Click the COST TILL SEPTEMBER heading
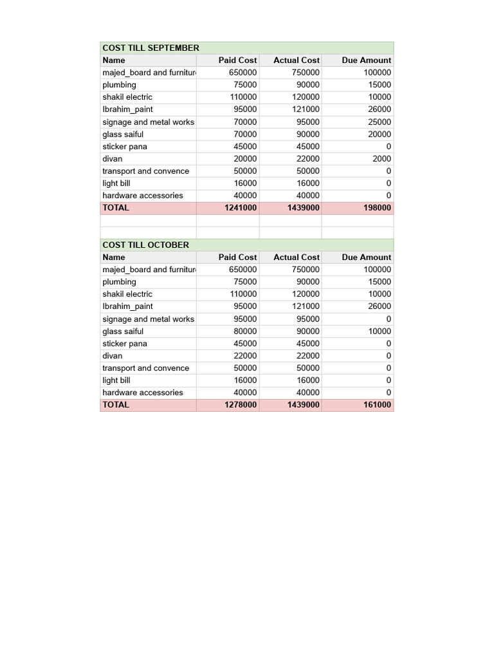[151, 48]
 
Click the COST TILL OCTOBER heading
[145, 245]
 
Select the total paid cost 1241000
[240, 208]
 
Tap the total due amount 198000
[377, 208]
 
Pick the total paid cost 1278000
[240, 405]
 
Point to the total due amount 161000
[377, 405]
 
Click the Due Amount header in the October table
[366, 257]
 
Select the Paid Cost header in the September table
[237, 60]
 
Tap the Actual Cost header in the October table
[296, 257]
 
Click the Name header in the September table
[114, 60]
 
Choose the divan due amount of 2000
[381, 158]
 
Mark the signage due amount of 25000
[379, 122]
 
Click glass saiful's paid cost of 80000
[244, 331]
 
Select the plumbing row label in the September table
[119, 85]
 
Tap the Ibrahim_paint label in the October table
[127, 306]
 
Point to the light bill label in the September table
[116, 183]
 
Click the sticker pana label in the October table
[125, 344]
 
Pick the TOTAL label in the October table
[116, 405]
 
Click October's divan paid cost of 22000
[244, 356]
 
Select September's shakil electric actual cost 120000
[305, 97]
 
